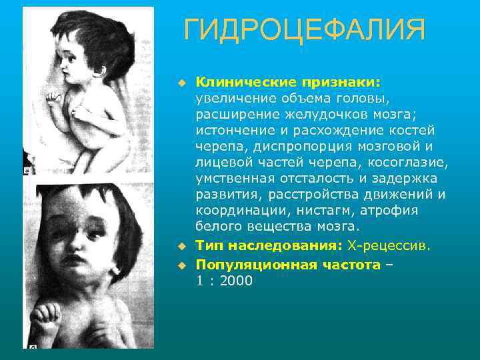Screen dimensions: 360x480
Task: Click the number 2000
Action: [234, 281]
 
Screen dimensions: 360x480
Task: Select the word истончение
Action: [235, 130]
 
